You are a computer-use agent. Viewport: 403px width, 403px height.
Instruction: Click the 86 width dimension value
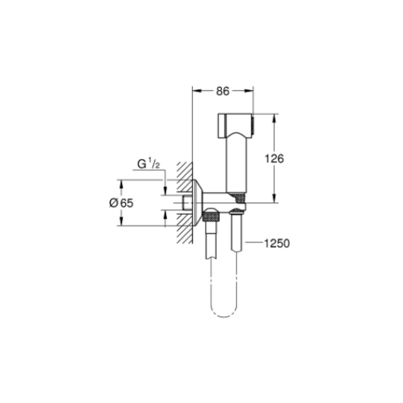(x=222, y=91)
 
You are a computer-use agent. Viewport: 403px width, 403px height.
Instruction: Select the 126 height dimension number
(x=274, y=158)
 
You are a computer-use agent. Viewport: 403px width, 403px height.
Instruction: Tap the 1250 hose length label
(x=277, y=243)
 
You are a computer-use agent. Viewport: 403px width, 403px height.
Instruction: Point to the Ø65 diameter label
(x=121, y=203)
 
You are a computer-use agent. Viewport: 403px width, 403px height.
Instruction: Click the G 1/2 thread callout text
(x=149, y=164)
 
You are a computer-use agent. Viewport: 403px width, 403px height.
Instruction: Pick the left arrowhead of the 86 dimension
(x=197, y=90)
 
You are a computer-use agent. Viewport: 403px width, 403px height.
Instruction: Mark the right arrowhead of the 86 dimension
(x=249, y=90)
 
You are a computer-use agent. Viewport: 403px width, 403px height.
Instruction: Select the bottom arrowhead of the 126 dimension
(x=274, y=198)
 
